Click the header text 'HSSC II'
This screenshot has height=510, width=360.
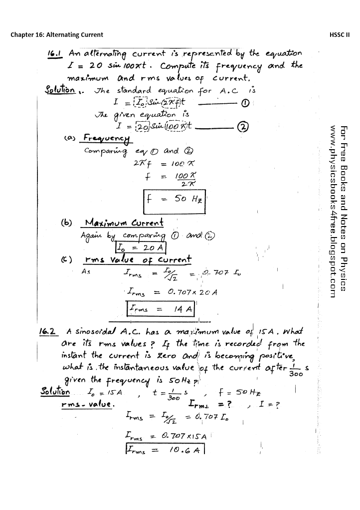point(340,34)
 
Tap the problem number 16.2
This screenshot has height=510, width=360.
point(49,331)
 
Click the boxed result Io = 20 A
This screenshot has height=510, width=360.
point(141,248)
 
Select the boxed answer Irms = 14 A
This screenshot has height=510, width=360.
point(159,309)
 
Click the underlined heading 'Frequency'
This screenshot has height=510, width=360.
point(106,137)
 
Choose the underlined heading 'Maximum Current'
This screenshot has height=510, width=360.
point(125,222)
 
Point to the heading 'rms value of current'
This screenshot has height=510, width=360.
point(138,259)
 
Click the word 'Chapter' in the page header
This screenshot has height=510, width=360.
point(22,34)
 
